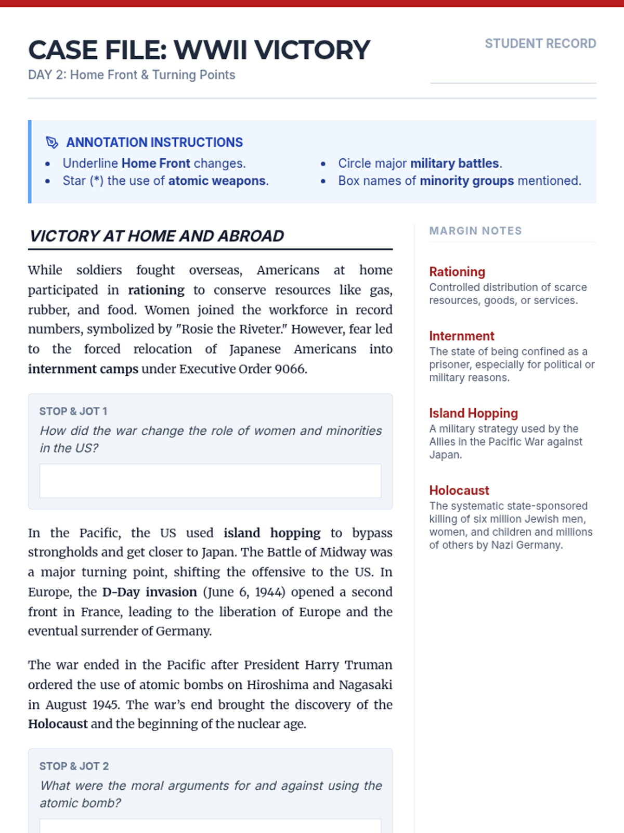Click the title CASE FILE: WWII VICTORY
click(x=199, y=50)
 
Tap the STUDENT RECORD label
click(x=540, y=44)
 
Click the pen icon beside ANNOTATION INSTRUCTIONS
click(x=52, y=142)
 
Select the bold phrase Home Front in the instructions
click(x=155, y=163)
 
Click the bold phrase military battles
click(x=454, y=163)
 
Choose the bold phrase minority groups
click(x=466, y=181)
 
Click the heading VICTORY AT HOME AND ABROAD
click(x=157, y=236)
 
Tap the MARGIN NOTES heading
click(x=475, y=231)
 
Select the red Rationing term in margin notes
click(x=457, y=272)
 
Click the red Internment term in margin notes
click(x=462, y=336)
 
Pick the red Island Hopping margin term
click(x=473, y=413)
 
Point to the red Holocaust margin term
click(x=459, y=490)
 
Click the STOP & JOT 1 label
click(x=73, y=411)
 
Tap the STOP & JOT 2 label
click(x=74, y=766)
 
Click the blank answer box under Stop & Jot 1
click(x=210, y=481)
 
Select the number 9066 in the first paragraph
click(x=291, y=369)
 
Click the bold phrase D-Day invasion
click(x=149, y=592)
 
